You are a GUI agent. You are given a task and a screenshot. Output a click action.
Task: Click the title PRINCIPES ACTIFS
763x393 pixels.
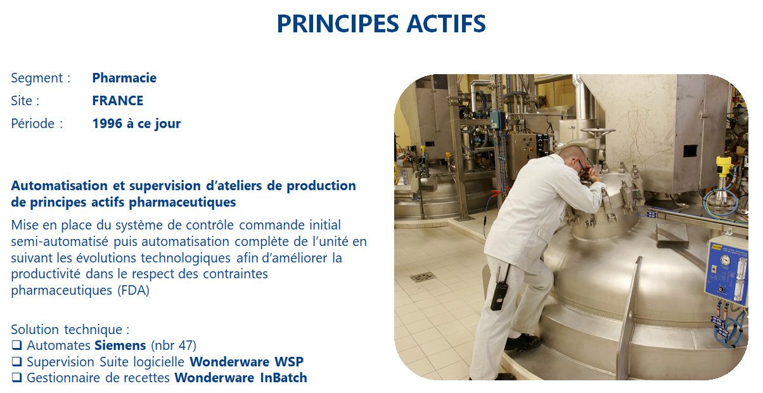[x=381, y=23]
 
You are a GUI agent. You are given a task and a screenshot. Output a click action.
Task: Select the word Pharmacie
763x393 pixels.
[x=124, y=78]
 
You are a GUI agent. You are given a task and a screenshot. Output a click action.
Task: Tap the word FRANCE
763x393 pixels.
[x=118, y=101]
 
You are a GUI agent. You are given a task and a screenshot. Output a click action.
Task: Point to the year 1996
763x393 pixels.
[x=107, y=124]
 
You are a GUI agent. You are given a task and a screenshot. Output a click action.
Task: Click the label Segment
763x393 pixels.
[x=37, y=79]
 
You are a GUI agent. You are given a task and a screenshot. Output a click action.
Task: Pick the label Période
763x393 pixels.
[x=33, y=124]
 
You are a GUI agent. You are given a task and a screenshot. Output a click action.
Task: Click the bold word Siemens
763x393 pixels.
[x=120, y=345]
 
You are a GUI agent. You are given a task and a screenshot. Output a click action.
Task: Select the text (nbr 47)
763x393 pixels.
[x=174, y=345]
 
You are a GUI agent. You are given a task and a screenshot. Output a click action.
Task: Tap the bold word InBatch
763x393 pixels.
[x=283, y=378]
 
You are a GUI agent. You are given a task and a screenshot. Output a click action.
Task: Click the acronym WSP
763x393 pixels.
[x=289, y=362]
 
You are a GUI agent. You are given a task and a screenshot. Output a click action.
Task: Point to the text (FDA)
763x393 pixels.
[x=133, y=290]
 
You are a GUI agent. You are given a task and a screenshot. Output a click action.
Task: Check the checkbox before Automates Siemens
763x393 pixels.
[x=16, y=345]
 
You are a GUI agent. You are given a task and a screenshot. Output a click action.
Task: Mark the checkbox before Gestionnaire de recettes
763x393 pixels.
[x=16, y=378]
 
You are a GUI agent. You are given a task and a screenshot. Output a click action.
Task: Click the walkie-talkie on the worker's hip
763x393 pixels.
[x=499, y=293]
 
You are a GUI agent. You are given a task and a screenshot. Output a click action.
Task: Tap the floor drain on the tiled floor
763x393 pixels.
[x=423, y=277]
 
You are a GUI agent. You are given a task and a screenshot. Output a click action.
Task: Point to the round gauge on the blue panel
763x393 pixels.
[x=725, y=260]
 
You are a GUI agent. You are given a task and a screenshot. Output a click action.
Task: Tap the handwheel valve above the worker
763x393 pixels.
[x=598, y=131]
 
